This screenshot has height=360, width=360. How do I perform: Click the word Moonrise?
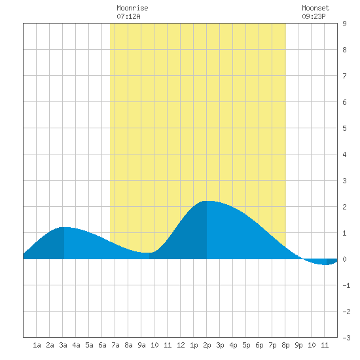click(132, 8)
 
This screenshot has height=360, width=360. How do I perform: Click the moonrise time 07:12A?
click(128, 16)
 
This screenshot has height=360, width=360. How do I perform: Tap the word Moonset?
click(315, 8)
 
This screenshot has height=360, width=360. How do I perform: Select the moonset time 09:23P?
click(314, 16)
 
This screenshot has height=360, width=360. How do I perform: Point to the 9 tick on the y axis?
click(344, 24)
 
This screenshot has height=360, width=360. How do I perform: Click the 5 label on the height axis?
click(344, 128)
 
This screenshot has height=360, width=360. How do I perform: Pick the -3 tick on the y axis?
click(346, 338)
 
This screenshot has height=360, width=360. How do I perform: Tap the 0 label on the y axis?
click(344, 259)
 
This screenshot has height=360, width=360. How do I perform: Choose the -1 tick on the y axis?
click(346, 285)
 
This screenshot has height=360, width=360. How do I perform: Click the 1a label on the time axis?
click(37, 345)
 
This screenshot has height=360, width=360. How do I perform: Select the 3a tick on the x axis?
click(63, 345)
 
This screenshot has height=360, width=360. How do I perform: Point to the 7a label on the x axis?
click(115, 345)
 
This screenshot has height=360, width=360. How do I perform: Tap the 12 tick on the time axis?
click(181, 345)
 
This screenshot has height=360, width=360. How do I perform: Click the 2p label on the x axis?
click(207, 345)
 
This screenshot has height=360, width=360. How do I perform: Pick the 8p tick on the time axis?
click(285, 345)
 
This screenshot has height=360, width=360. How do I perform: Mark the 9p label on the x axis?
click(298, 345)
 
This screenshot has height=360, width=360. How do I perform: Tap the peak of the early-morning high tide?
click(64, 228)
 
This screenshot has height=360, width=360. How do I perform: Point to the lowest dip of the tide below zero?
click(326, 264)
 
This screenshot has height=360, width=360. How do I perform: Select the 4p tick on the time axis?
click(233, 345)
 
